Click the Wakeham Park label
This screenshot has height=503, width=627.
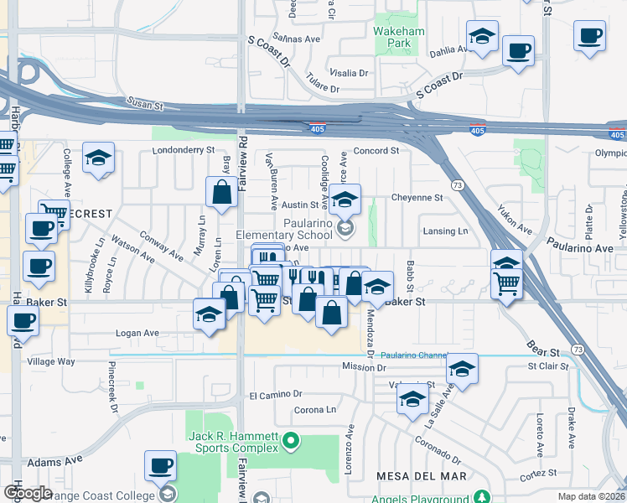coord(399,37)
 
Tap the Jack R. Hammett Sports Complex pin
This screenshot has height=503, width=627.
coord(291,438)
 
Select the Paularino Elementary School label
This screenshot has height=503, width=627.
coord(284,229)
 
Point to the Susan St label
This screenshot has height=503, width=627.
coord(144,104)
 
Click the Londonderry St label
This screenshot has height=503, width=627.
coord(184,150)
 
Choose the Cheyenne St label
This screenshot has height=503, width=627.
coord(417,198)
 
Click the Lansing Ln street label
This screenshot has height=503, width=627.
coord(445,231)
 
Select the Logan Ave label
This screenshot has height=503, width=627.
coord(137,333)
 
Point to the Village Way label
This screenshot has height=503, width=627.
coord(51,361)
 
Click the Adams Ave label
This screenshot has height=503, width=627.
coord(54,460)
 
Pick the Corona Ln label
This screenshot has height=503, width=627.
coord(314,410)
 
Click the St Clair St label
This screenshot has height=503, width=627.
coord(547,366)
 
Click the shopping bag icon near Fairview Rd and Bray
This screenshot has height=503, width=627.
coord(220,192)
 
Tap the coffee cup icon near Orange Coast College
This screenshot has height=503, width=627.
coord(160,466)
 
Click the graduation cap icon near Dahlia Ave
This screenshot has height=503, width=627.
coord(482,37)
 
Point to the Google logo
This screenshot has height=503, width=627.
coord(28,492)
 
